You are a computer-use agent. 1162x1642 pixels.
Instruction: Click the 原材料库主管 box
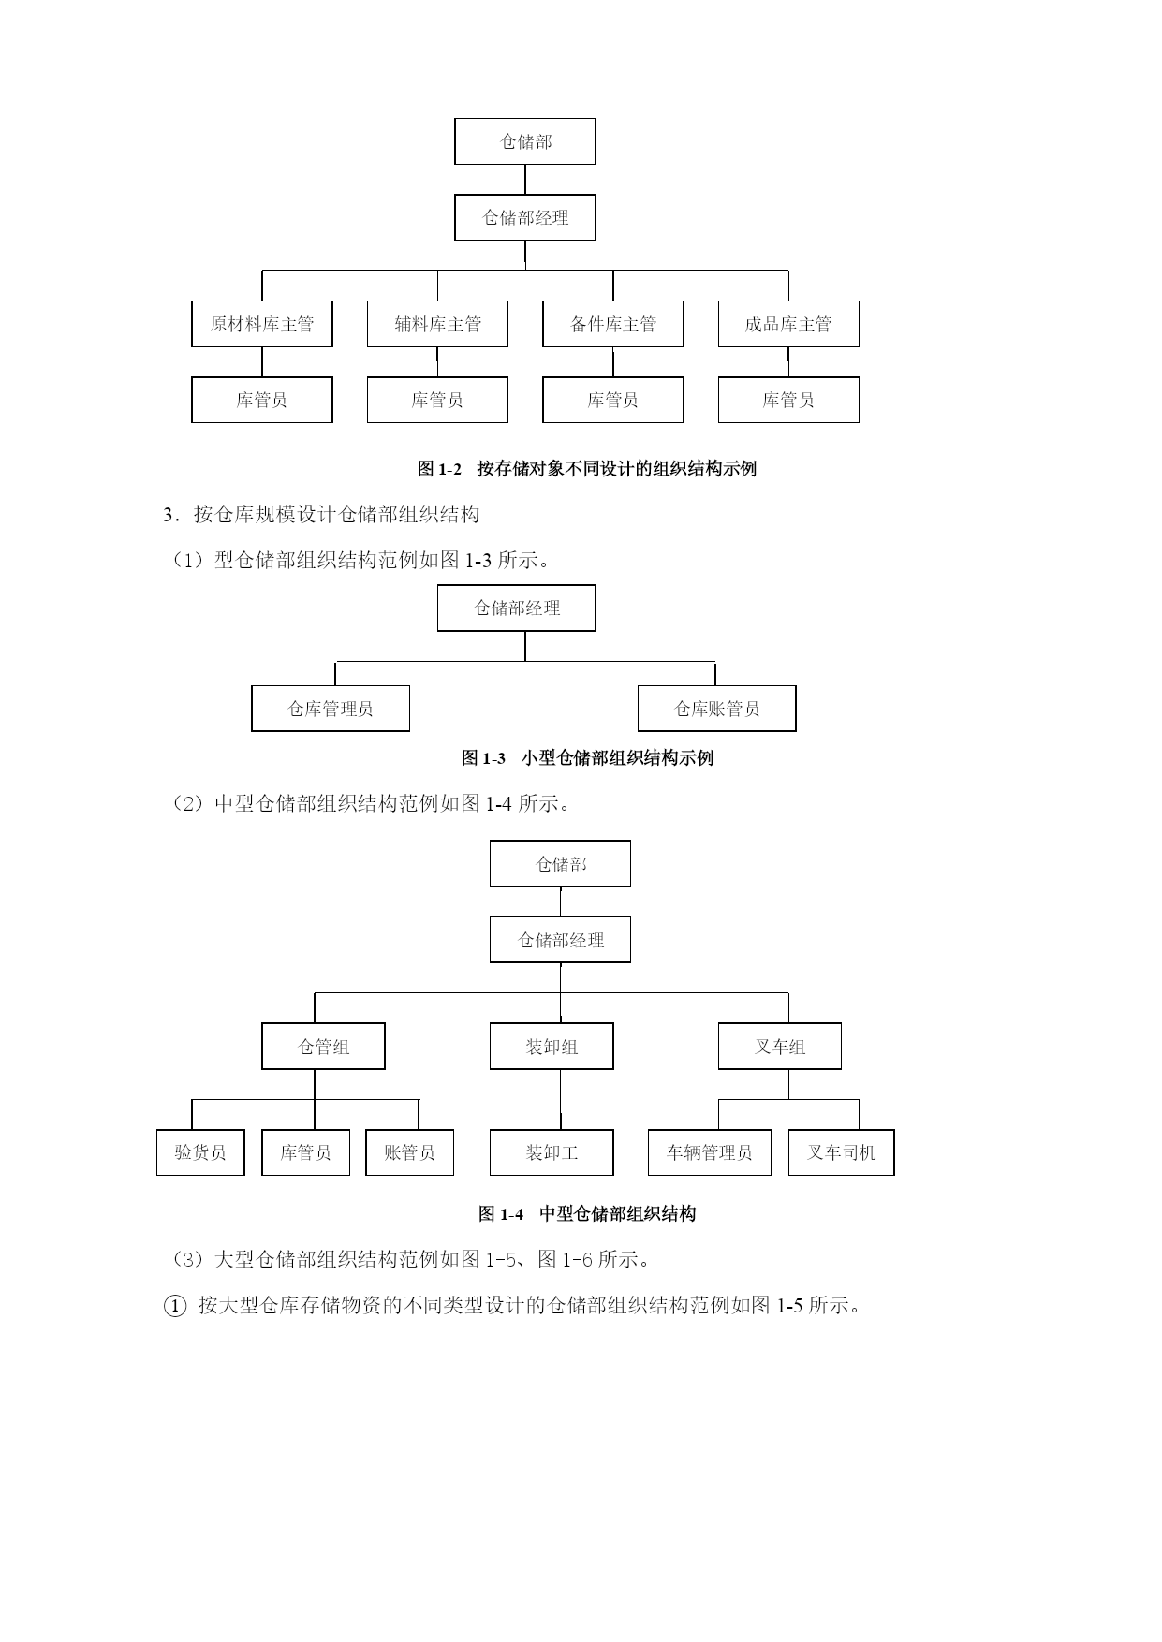click(262, 324)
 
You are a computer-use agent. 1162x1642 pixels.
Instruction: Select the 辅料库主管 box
click(437, 324)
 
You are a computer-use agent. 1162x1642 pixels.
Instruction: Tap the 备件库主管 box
click(613, 324)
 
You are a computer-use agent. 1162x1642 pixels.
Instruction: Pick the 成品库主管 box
click(788, 324)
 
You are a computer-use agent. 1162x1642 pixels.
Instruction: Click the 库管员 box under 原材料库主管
click(262, 400)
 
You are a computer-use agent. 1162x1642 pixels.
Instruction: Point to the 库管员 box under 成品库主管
click(788, 400)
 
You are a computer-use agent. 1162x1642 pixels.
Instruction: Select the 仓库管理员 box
click(331, 709)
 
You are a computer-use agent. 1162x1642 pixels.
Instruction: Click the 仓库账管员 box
click(717, 709)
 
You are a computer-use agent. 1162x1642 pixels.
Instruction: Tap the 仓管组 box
click(323, 1046)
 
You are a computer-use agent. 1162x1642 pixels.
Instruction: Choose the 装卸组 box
click(552, 1046)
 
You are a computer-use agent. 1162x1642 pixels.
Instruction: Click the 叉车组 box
click(780, 1046)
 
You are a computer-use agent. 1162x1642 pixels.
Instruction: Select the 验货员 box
click(200, 1152)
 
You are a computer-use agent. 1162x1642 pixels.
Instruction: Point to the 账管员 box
click(410, 1152)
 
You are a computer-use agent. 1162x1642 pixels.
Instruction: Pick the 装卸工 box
click(552, 1152)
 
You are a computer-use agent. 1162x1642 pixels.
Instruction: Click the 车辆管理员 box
click(710, 1152)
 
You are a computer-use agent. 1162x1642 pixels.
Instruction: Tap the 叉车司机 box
click(842, 1152)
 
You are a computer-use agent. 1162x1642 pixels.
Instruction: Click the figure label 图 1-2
click(440, 469)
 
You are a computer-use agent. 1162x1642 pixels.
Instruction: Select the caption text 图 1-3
click(484, 757)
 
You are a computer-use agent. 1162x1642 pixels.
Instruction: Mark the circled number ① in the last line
click(175, 1305)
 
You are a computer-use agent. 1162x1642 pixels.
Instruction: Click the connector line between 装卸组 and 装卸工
click(561, 1099)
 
